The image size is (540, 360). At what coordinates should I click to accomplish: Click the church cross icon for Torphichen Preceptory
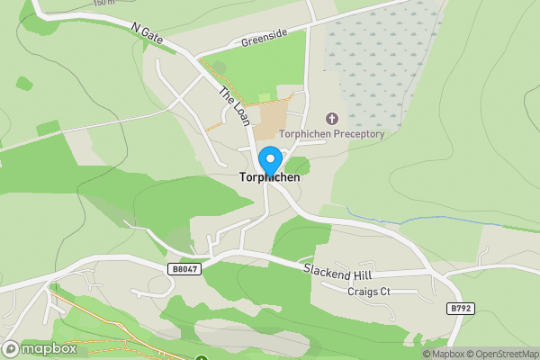pyautogui.click(x=332, y=118)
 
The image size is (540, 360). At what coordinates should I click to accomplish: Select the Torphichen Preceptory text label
pyautogui.click(x=332, y=134)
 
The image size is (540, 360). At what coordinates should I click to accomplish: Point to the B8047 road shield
pyautogui.click(x=183, y=268)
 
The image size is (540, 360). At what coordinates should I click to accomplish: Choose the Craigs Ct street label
pyautogui.click(x=369, y=292)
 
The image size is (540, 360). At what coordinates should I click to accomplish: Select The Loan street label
pyautogui.click(x=230, y=104)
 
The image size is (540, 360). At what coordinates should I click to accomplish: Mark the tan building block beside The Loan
pyautogui.click(x=272, y=120)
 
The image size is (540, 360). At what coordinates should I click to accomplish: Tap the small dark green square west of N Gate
pyautogui.click(x=24, y=84)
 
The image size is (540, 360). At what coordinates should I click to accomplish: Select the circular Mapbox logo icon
pyautogui.click(x=11, y=349)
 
